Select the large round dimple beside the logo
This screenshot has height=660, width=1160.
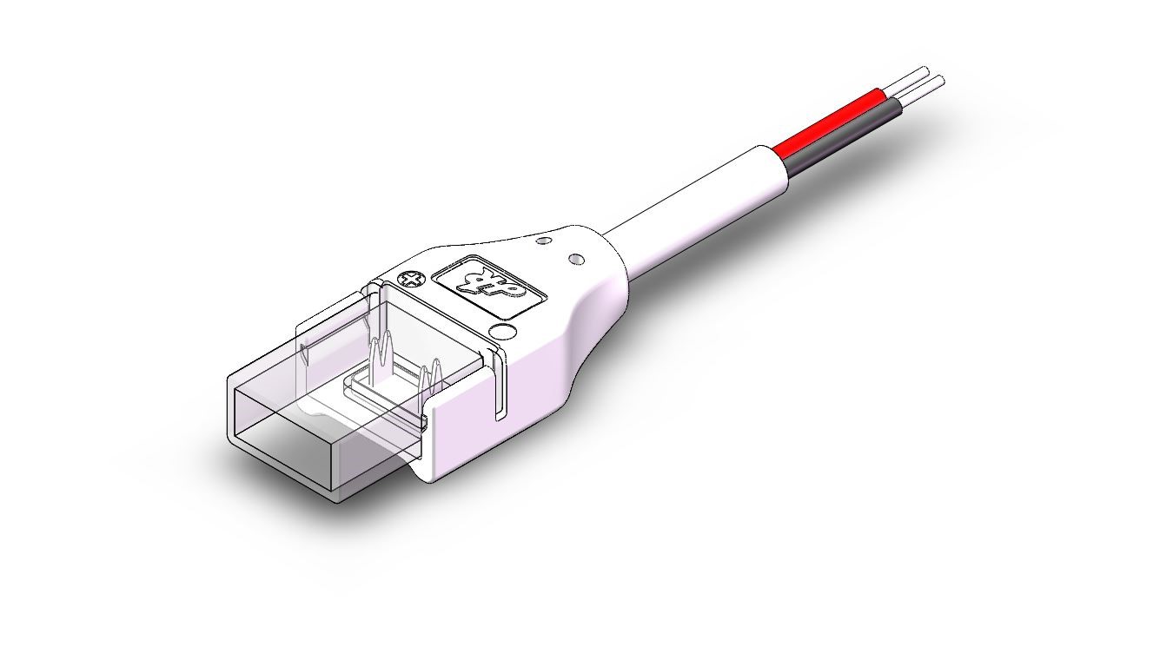click(501, 332)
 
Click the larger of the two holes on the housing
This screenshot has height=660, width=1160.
click(575, 258)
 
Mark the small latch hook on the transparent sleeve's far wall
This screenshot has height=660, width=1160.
click(307, 353)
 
